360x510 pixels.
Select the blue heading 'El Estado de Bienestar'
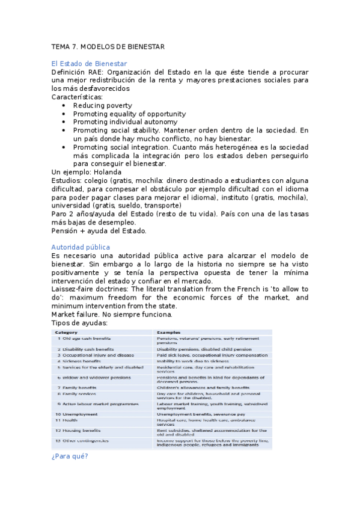[90, 63]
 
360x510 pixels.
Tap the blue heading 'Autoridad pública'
[81, 247]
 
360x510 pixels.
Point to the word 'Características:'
[77, 97]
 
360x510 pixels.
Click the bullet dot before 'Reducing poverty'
[64, 106]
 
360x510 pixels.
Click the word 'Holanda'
[113, 172]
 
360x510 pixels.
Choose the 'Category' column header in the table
[67, 332]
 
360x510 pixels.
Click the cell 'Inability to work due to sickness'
[193, 361]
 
